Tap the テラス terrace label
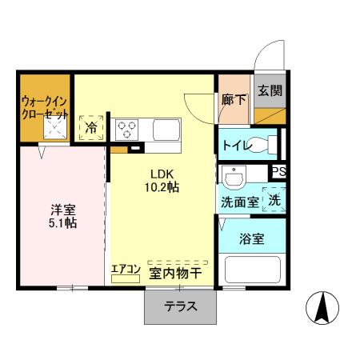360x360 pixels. pos(181,306)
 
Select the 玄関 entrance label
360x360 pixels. pos(269,90)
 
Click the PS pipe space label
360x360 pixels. pos(278,171)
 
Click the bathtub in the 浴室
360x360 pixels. pos(252,269)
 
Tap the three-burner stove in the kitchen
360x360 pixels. pos(127,129)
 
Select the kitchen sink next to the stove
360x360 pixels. pos(168,130)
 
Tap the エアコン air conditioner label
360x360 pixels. pos(126,270)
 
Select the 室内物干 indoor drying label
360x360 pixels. pos(175,274)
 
